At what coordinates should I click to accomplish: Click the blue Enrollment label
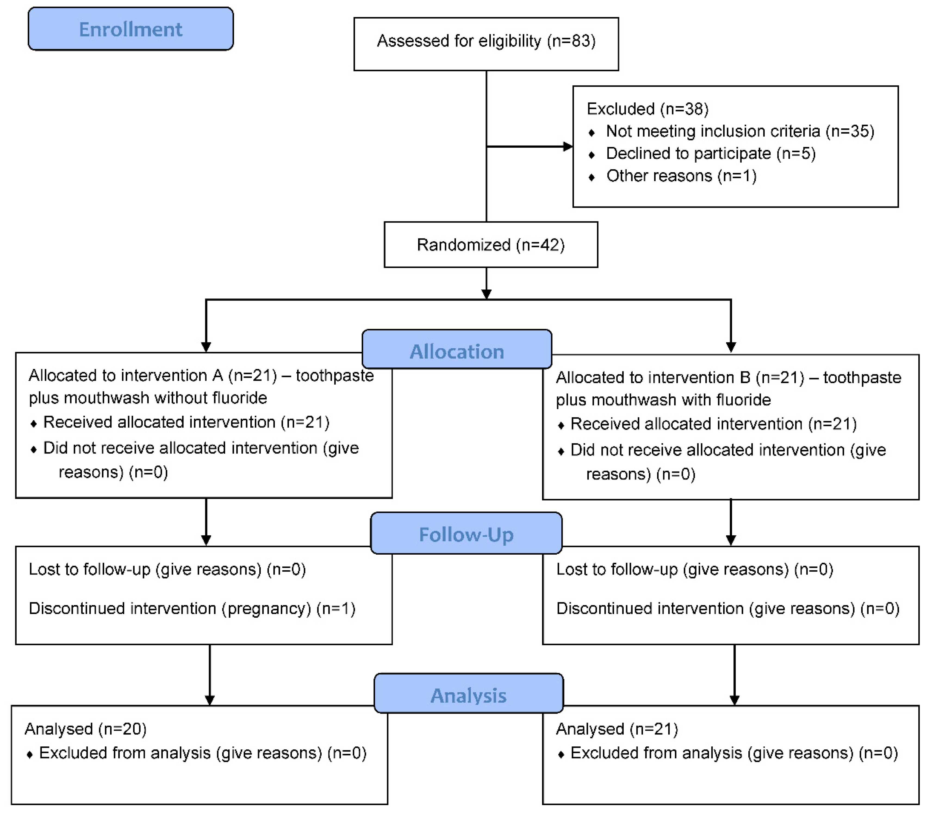(130, 29)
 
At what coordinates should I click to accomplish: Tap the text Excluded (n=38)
(647, 109)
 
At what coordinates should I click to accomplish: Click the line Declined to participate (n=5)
(710, 153)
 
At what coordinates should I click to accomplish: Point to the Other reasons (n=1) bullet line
(681, 176)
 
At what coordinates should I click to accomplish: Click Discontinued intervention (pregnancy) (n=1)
(192, 608)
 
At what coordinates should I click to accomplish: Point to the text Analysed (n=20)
(86, 729)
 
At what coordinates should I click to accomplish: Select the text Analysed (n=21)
(617, 729)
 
